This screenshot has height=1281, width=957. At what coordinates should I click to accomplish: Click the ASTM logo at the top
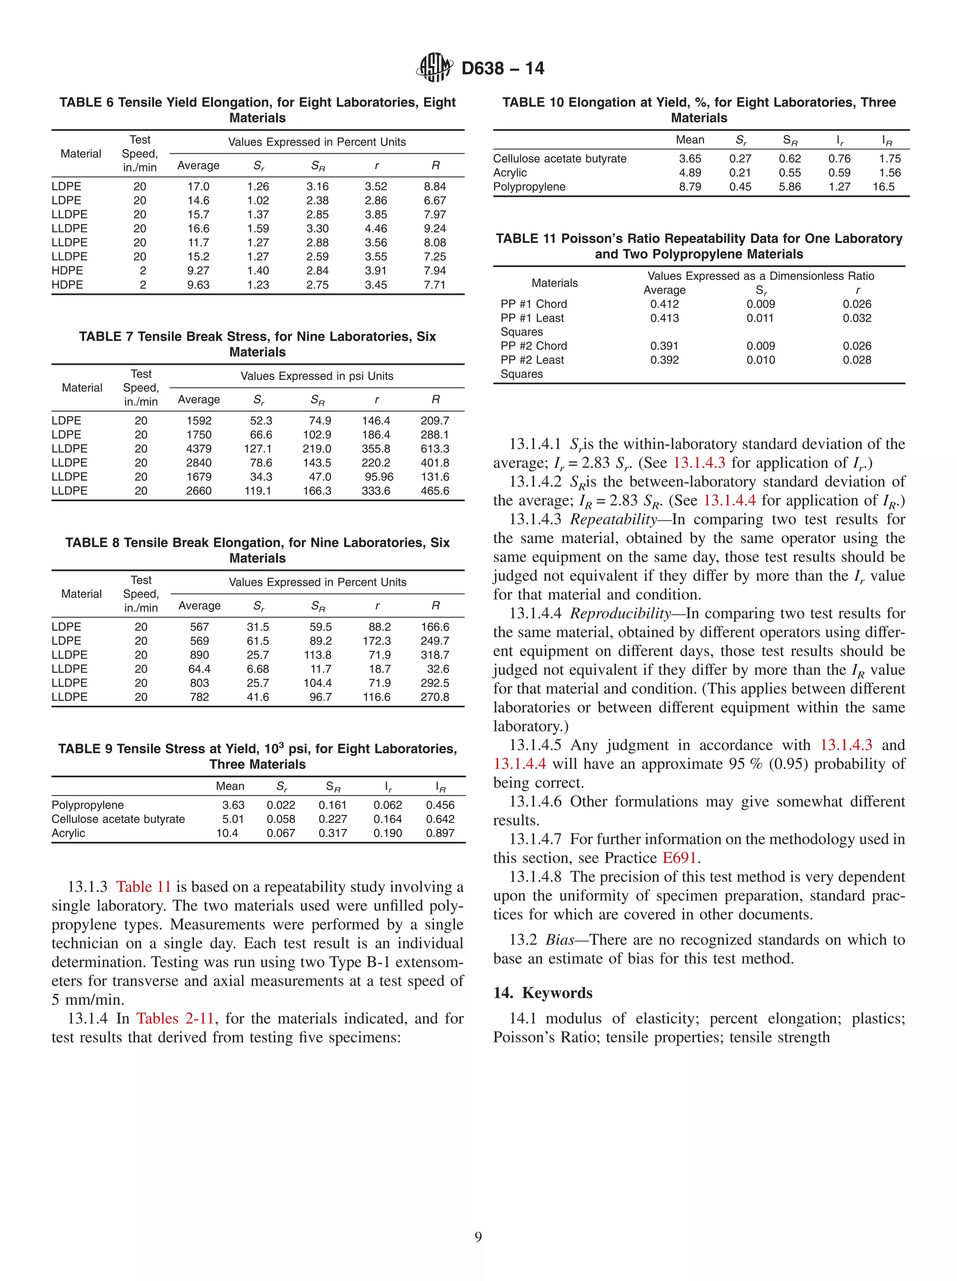pyautogui.click(x=434, y=68)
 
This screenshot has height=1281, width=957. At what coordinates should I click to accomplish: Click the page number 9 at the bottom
pyautogui.click(x=478, y=1237)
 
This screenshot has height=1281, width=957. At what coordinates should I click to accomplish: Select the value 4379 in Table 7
pyautogui.click(x=199, y=449)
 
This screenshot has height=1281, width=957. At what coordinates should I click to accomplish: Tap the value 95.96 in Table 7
pyautogui.click(x=379, y=477)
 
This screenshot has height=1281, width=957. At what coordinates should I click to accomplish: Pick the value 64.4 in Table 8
pyautogui.click(x=199, y=669)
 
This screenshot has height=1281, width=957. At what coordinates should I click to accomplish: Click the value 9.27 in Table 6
pyautogui.click(x=198, y=271)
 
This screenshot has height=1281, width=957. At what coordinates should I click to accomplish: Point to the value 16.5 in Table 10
pyautogui.click(x=884, y=186)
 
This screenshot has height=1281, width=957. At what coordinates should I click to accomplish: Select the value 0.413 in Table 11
pyautogui.click(x=664, y=318)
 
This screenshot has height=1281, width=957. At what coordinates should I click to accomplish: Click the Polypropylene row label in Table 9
pyautogui.click(x=87, y=805)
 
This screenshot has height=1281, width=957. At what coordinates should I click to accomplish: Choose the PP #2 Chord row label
pyautogui.click(x=533, y=346)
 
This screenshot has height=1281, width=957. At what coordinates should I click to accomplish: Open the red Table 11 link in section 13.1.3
pyautogui.click(x=143, y=887)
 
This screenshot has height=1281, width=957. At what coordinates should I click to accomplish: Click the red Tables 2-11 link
pyautogui.click(x=175, y=1018)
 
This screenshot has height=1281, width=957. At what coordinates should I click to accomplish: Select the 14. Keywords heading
pyautogui.click(x=543, y=993)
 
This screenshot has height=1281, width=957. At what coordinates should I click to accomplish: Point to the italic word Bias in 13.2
pyautogui.click(x=559, y=939)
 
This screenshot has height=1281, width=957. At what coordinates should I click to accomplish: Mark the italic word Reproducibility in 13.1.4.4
pyautogui.click(x=620, y=613)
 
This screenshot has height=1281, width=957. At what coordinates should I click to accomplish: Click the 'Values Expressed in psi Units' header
pyautogui.click(x=317, y=376)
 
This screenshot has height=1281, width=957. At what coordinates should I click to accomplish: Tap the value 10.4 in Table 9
pyautogui.click(x=227, y=833)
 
